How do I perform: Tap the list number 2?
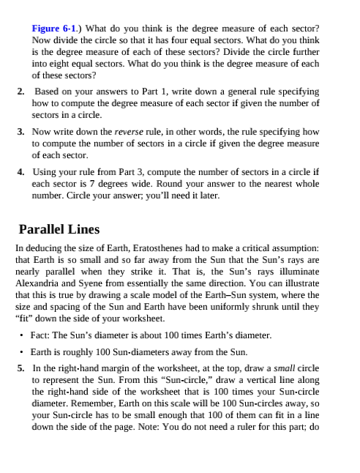pyautogui.click(x=20, y=92)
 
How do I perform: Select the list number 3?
pyautogui.click(x=20, y=133)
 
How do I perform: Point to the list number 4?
pyautogui.click(x=20, y=173)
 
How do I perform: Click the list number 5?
pyautogui.click(x=20, y=368)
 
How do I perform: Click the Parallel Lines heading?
pyautogui.click(x=59, y=229)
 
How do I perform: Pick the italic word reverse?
pyautogui.click(x=129, y=133)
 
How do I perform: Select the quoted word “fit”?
pyautogui.click(x=28, y=319)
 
